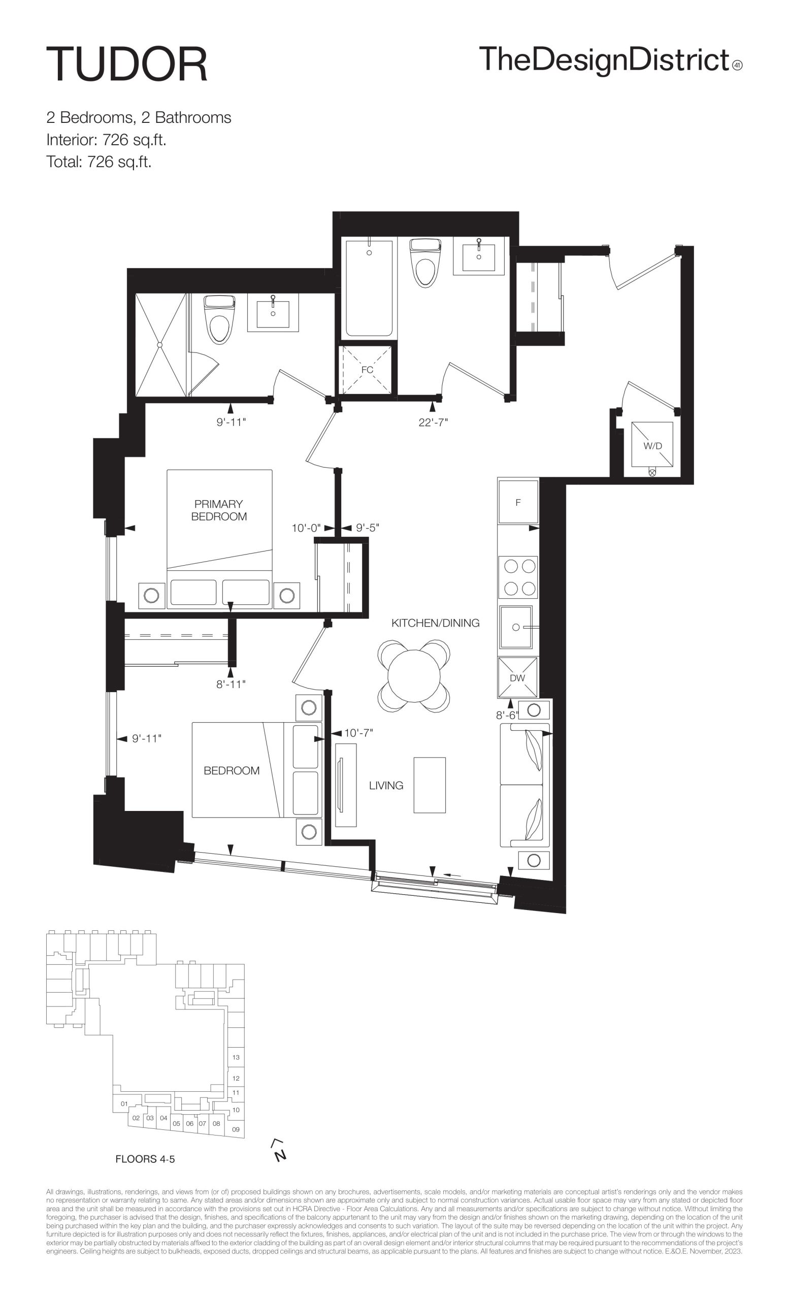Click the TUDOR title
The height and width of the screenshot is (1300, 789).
(127, 64)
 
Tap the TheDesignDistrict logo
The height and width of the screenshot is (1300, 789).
(611, 60)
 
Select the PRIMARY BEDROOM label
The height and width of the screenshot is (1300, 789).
(219, 510)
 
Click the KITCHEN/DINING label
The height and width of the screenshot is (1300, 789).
(435, 623)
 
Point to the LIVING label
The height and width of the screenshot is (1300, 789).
(386, 786)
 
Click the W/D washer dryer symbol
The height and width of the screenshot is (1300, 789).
(652, 444)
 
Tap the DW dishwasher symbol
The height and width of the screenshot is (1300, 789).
(517, 677)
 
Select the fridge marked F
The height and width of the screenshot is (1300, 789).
(518, 501)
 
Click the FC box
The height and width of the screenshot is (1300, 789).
(367, 370)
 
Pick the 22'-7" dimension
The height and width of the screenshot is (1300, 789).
(433, 422)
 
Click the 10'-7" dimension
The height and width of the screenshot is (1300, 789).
(358, 733)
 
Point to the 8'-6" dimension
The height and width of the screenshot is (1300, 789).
(507, 716)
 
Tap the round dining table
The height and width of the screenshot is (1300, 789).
(414, 676)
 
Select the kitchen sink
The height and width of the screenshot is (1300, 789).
(517, 627)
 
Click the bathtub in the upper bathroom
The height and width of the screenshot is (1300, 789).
(369, 288)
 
